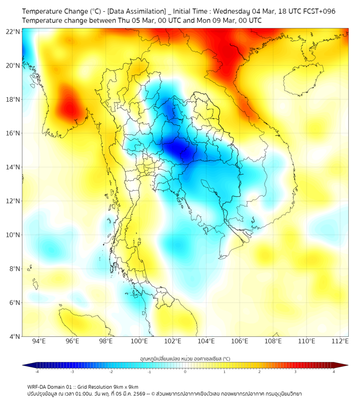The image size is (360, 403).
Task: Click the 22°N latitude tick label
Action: (x=13, y=31)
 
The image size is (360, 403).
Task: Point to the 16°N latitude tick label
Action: (x=13, y=133)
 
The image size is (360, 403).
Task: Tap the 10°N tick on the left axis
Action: (x=13, y=235)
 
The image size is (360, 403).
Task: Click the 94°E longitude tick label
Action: (x=39, y=341)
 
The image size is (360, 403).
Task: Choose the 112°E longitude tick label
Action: (x=340, y=341)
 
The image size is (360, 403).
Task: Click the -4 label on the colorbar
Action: (x=37, y=371)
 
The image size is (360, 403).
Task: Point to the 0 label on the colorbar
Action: (x=185, y=371)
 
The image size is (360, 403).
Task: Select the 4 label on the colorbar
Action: (x=334, y=371)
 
